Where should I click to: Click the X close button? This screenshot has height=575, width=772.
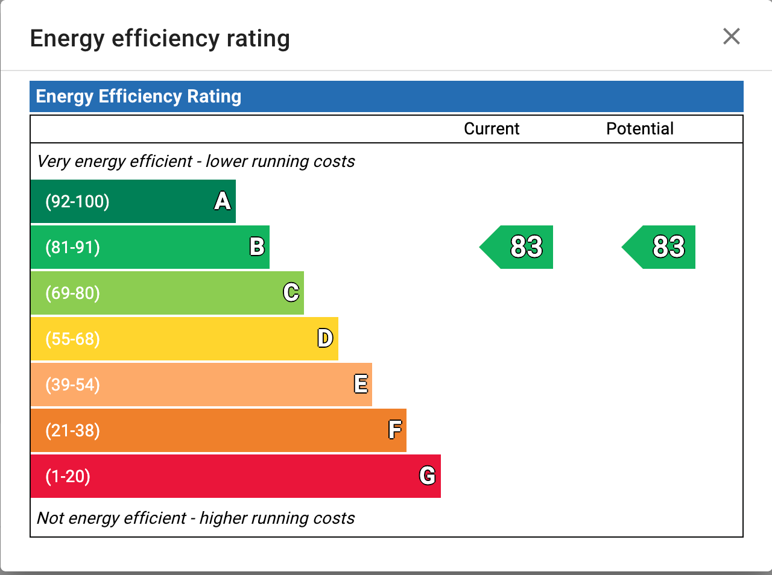tap(731, 37)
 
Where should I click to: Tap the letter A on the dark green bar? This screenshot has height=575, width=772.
tap(223, 201)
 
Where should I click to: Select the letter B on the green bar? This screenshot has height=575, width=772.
tap(257, 247)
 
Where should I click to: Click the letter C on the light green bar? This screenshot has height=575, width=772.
tap(291, 292)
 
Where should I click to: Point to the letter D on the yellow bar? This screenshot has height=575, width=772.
tap(325, 338)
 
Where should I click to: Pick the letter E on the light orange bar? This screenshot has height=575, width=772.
tap(361, 384)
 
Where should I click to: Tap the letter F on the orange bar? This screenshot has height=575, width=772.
tap(395, 430)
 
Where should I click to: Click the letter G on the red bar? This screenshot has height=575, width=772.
tap(428, 476)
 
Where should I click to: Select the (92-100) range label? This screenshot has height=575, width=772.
tap(77, 201)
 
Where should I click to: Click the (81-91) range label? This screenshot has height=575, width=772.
tap(72, 247)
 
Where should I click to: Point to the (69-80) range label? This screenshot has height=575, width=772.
tap(72, 293)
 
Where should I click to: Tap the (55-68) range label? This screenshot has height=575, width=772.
tap(72, 339)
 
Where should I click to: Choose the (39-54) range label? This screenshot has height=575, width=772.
tap(72, 385)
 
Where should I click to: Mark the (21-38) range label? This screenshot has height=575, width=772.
tap(72, 430)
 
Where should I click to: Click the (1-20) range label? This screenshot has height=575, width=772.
tap(68, 476)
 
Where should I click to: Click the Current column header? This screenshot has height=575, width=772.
tap(492, 129)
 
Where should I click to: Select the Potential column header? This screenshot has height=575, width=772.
tap(640, 129)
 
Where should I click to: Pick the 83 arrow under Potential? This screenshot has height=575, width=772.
tap(662, 247)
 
